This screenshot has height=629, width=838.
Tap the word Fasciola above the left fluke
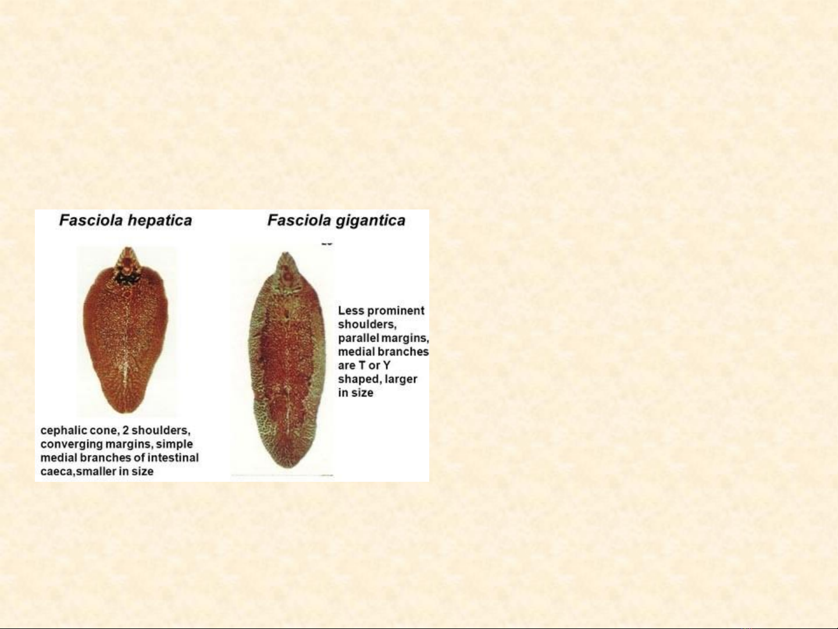point(91,221)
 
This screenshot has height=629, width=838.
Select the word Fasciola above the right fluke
point(299,221)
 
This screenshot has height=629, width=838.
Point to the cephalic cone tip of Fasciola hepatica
point(127,248)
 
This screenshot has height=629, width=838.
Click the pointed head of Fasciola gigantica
point(286,254)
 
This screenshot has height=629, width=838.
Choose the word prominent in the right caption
point(395,311)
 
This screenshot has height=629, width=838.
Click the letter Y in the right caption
point(387,365)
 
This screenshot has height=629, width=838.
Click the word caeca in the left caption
point(57,472)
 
